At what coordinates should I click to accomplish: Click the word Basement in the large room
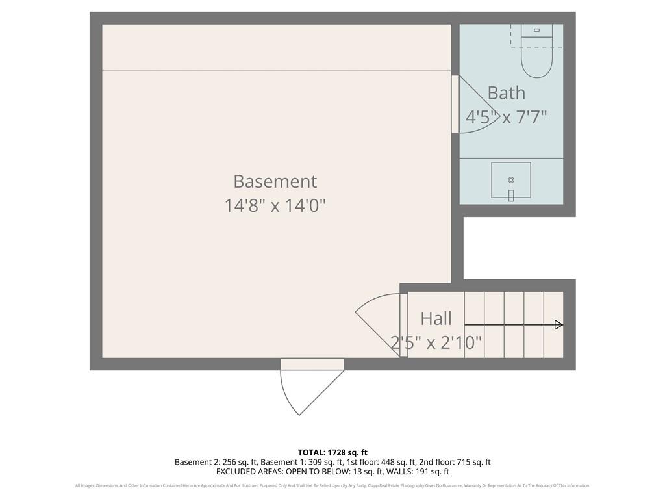[x=275, y=181]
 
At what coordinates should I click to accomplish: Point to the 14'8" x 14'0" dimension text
[x=275, y=206]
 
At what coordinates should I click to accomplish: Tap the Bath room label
[x=506, y=93]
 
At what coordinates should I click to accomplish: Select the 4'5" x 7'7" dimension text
[x=506, y=118]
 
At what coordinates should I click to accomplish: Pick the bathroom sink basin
[x=510, y=181]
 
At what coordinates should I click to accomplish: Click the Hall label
[x=436, y=318]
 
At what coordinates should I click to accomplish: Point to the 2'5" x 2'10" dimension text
[x=436, y=342]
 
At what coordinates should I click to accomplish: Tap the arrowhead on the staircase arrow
[x=558, y=325]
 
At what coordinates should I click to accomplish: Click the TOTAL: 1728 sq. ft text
[x=332, y=452]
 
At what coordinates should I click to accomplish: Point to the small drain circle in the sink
[x=511, y=180]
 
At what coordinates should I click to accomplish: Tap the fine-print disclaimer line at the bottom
[x=332, y=485]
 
